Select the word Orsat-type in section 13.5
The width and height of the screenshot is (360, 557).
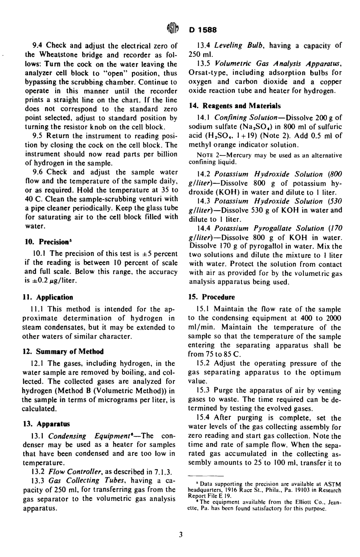tap(206, 72)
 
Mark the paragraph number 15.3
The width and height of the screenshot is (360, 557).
tap(204, 390)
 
